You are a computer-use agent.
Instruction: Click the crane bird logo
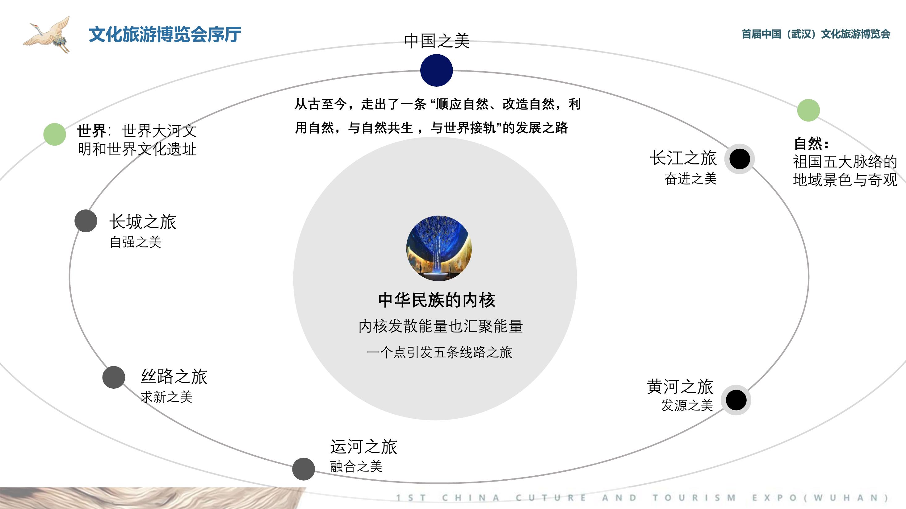pyautogui.click(x=47, y=35)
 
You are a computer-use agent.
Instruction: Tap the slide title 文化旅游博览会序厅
pyautogui.click(x=165, y=35)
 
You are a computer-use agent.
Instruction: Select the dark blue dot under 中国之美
pyautogui.click(x=436, y=70)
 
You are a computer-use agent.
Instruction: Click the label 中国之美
pyautogui.click(x=437, y=41)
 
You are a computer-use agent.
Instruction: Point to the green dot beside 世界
pyautogui.click(x=55, y=134)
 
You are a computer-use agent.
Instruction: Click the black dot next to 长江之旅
pyautogui.click(x=740, y=159)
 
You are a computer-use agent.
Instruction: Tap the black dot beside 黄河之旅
pyautogui.click(x=736, y=400)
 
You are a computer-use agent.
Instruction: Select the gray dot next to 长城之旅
pyautogui.click(x=86, y=221)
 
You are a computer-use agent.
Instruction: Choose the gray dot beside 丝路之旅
pyautogui.click(x=114, y=377)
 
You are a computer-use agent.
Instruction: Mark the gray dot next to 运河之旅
pyautogui.click(x=304, y=469)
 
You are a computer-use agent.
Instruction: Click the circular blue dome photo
pyautogui.click(x=439, y=248)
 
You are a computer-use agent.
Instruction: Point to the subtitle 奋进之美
pyautogui.click(x=690, y=179)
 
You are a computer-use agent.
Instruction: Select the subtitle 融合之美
pyautogui.click(x=356, y=466)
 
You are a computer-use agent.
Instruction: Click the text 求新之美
pyautogui.click(x=167, y=397)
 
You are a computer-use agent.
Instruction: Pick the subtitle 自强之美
pyautogui.click(x=136, y=242)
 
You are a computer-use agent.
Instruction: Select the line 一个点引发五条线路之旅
pyautogui.click(x=439, y=352)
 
